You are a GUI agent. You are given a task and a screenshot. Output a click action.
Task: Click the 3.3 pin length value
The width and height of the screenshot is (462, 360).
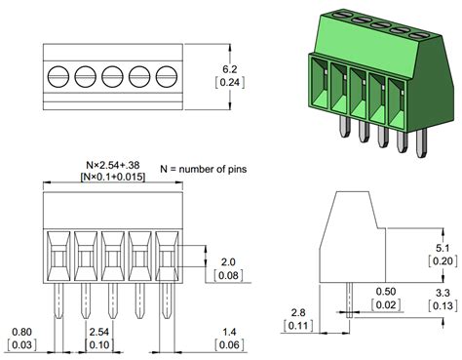(443, 291)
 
